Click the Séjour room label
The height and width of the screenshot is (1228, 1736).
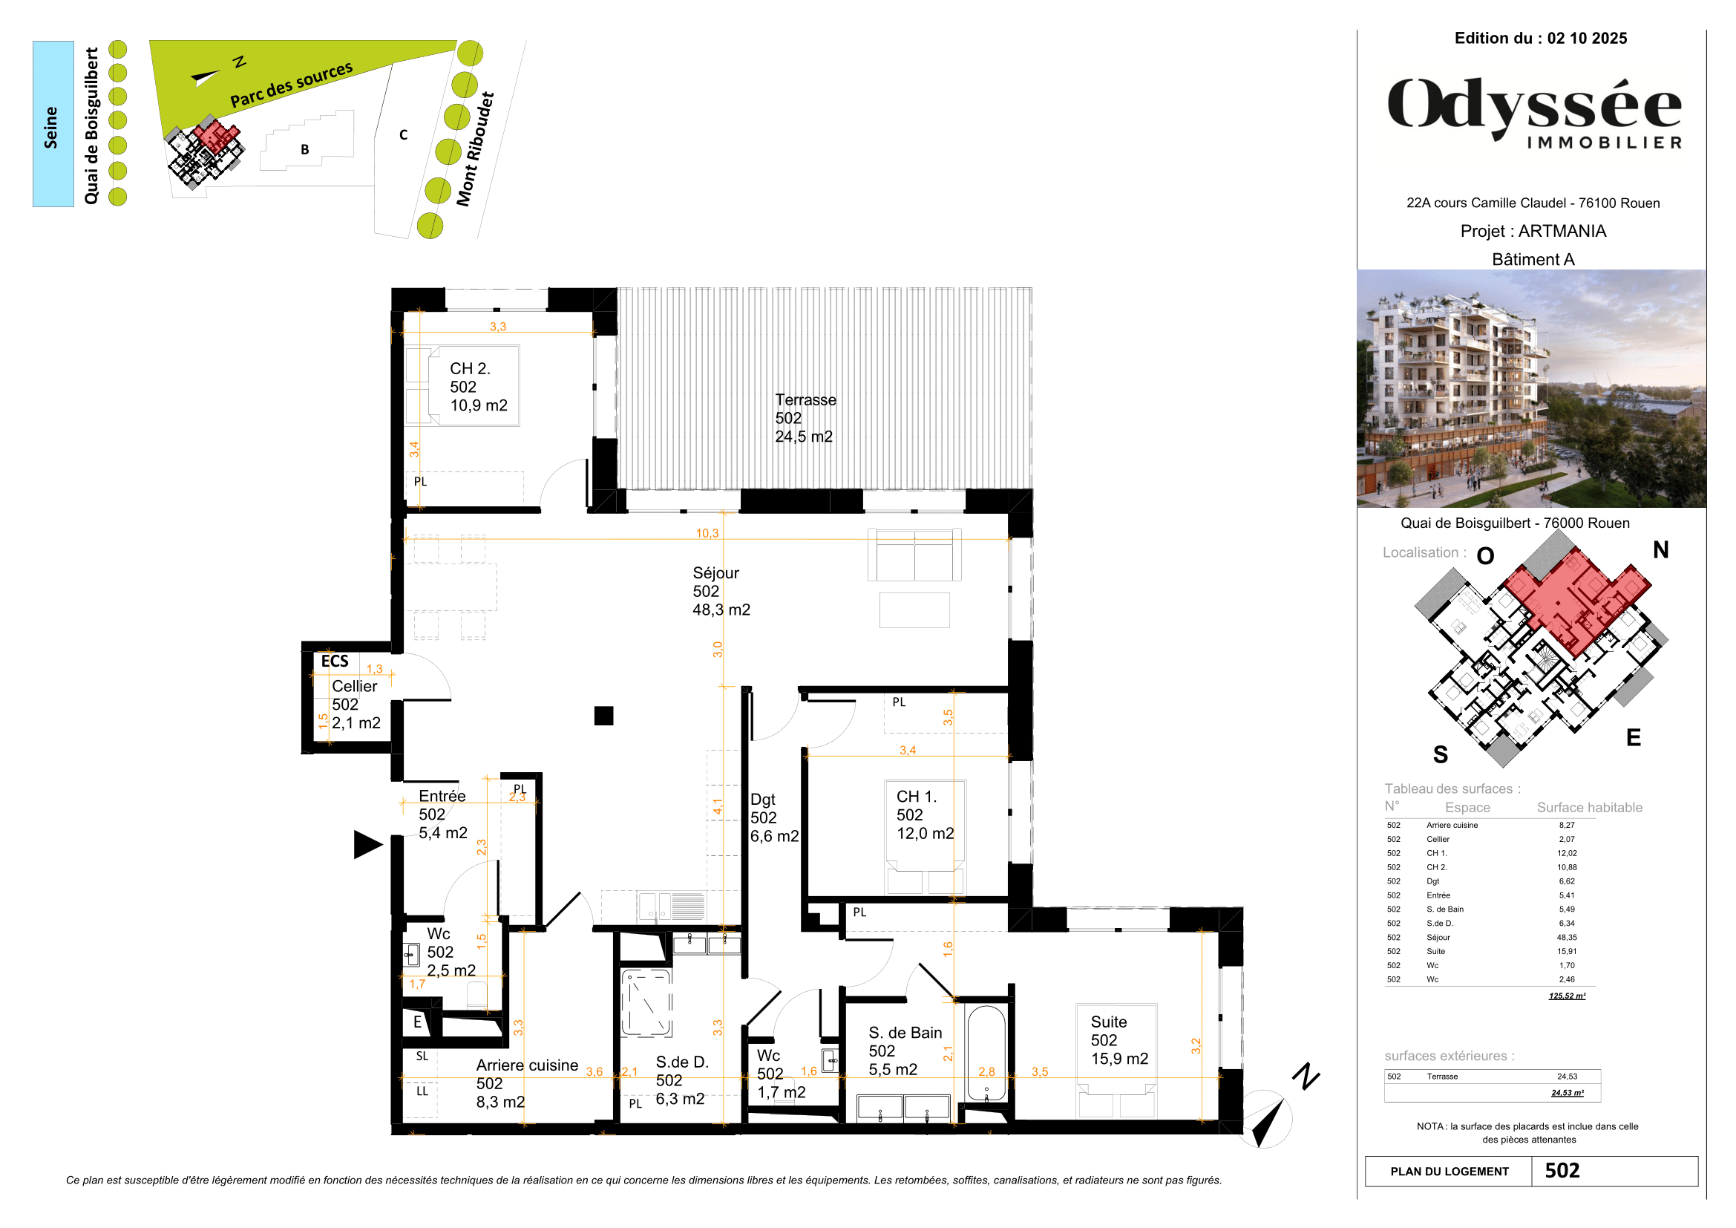[720, 590]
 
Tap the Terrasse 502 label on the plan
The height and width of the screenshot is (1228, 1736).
[805, 417]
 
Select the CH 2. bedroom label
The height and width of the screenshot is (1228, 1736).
[477, 386]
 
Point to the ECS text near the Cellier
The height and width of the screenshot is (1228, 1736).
[334, 661]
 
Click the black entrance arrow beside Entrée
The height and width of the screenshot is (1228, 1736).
[367, 844]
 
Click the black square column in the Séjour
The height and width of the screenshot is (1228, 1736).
[603, 715]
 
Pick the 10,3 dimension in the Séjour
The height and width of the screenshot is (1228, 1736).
[707, 533]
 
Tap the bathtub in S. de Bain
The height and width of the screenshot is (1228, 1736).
[986, 1053]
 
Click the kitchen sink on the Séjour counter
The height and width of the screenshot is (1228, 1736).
[655, 905]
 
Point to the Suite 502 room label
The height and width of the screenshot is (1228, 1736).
[1118, 1039]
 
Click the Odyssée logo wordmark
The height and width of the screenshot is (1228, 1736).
[1533, 108]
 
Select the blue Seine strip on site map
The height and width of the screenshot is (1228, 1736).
[53, 124]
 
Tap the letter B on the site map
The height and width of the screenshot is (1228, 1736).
[305, 149]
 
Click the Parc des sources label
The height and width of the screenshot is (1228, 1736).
[291, 85]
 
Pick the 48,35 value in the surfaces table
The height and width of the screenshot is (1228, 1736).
[1567, 937]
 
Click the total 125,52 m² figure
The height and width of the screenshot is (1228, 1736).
[1567, 995]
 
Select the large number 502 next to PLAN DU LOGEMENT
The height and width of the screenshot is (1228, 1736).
[1562, 1171]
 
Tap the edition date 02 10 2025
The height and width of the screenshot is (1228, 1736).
[1586, 39]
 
